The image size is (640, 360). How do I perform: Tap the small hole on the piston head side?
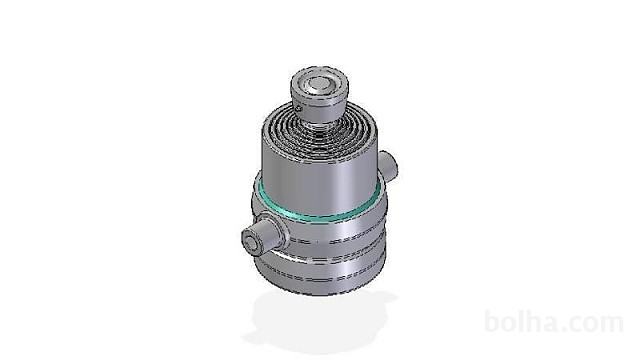click(299, 109)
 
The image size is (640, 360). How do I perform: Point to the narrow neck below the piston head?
click(319, 123)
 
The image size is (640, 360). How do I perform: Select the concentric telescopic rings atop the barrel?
click(320, 131)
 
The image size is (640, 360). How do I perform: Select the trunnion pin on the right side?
click(388, 165)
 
